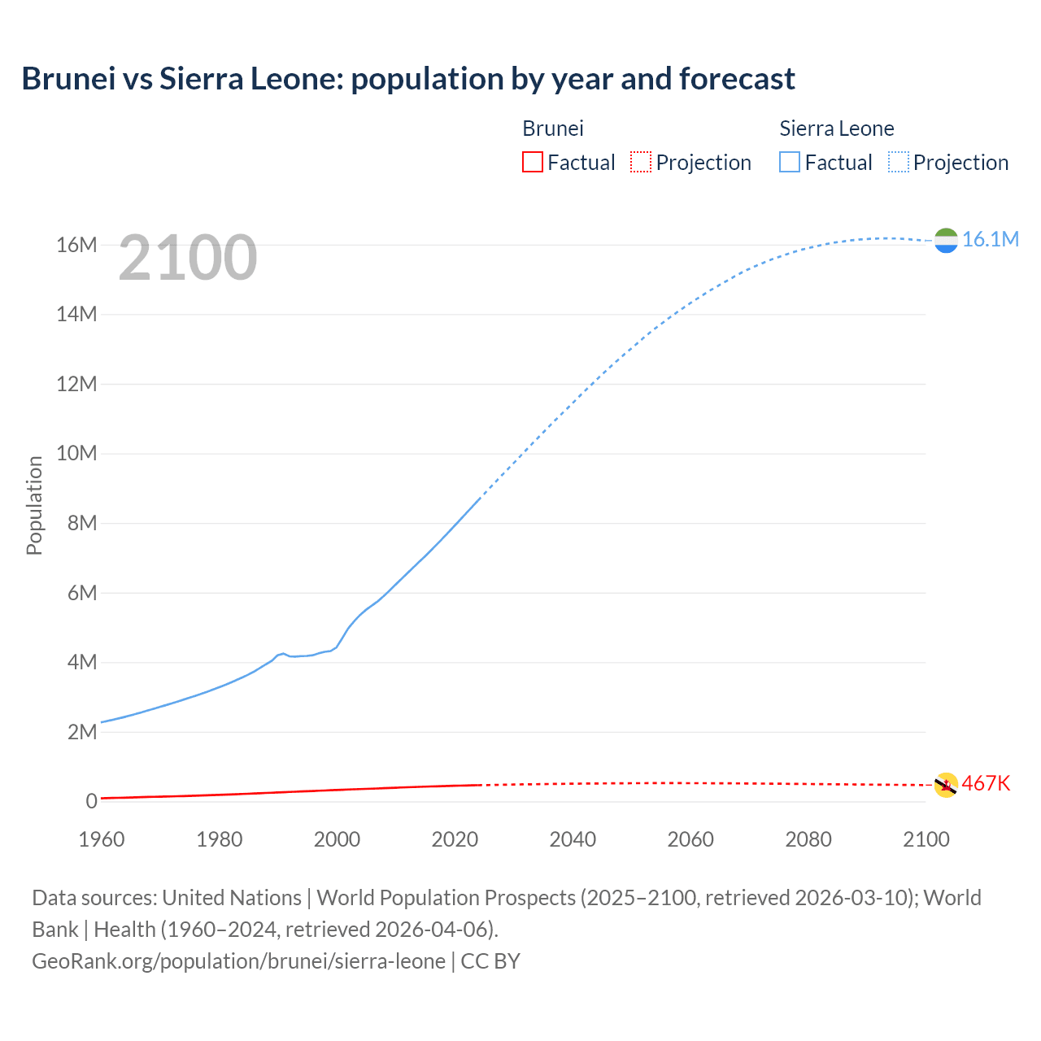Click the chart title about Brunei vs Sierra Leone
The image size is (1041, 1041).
[x=408, y=79]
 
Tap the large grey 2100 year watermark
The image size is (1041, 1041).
[x=188, y=258]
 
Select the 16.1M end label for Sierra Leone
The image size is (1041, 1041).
[x=990, y=239]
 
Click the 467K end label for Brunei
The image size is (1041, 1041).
[x=986, y=783]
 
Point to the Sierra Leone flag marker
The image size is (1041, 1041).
[x=946, y=240]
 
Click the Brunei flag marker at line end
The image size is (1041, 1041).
[x=946, y=785]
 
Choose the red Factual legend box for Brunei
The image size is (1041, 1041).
[x=532, y=163]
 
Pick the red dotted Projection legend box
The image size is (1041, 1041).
[x=641, y=163]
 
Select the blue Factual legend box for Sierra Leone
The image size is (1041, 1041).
[x=790, y=163]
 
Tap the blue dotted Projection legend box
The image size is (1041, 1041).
[x=899, y=163]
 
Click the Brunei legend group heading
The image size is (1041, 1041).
[x=553, y=128]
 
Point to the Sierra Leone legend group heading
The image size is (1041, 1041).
[x=837, y=128]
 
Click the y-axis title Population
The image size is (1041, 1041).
[x=34, y=505]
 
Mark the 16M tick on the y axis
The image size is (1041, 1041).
[x=76, y=245]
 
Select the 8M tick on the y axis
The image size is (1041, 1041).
[x=82, y=523]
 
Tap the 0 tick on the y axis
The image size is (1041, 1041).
[x=91, y=801]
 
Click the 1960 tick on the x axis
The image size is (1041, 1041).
[x=102, y=839]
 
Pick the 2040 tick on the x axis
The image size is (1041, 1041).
[x=573, y=839]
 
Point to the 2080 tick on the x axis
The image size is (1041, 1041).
[x=808, y=839]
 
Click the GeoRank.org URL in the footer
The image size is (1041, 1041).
[x=238, y=961]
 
